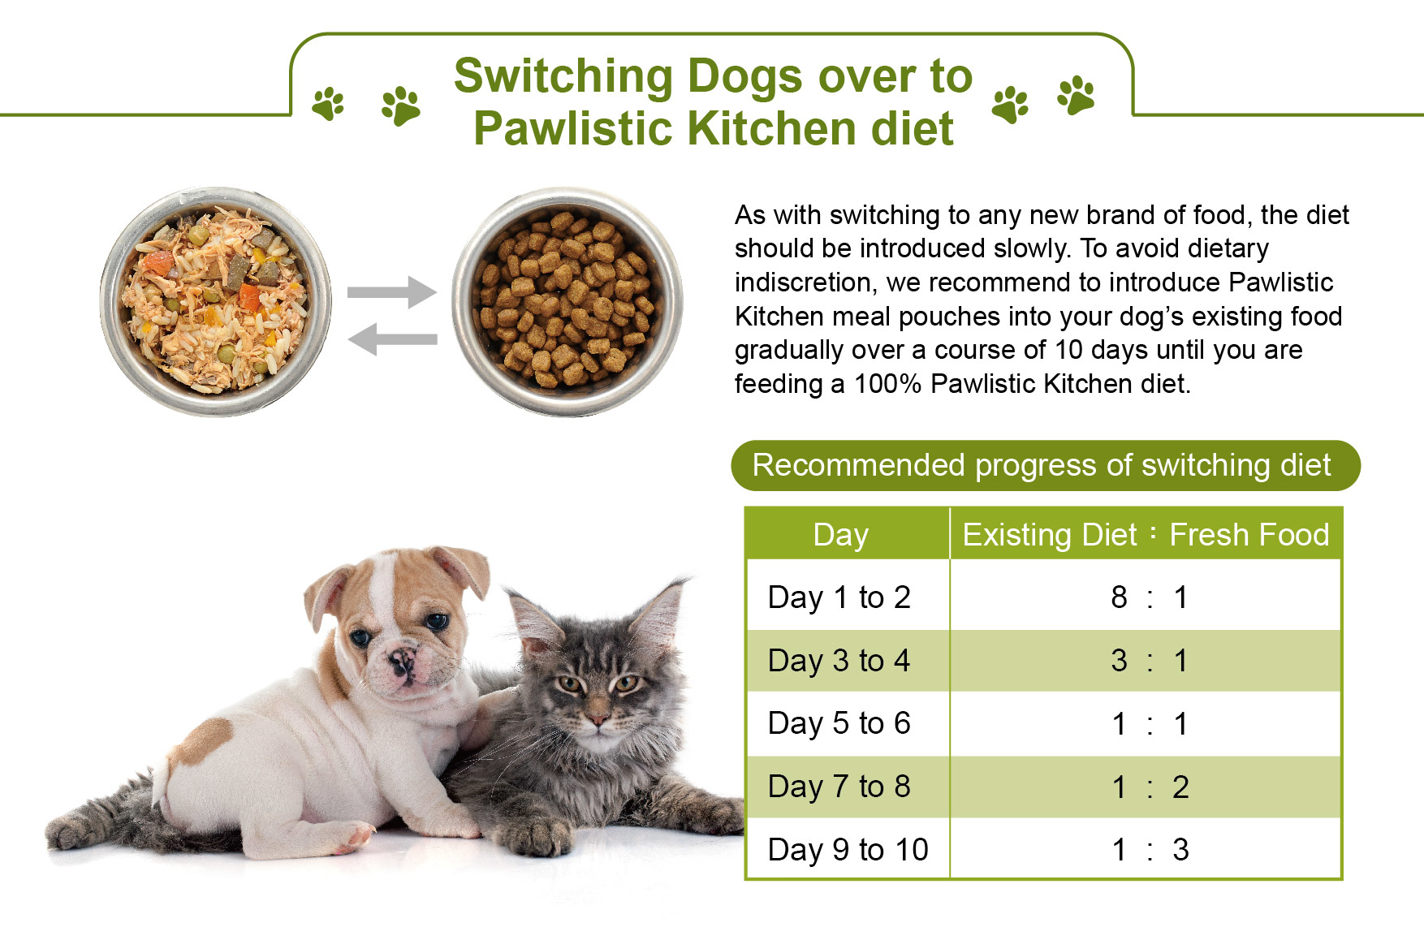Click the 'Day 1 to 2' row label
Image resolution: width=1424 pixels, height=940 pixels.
(x=839, y=597)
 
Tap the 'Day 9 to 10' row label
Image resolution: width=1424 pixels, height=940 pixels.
(x=848, y=850)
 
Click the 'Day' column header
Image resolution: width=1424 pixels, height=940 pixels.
(x=841, y=536)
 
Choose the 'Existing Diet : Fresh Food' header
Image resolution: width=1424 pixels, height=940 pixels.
(x=1146, y=535)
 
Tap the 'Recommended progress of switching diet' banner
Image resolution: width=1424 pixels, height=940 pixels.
(x=1046, y=466)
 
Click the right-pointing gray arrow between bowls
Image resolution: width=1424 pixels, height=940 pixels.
(x=392, y=292)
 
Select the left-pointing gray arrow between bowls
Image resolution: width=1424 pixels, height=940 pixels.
(x=392, y=338)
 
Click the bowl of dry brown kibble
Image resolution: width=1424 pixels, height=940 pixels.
(x=567, y=302)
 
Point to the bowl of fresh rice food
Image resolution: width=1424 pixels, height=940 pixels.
(x=215, y=302)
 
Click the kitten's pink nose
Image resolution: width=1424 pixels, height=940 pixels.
(x=598, y=718)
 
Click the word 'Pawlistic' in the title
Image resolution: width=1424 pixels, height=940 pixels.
(x=574, y=128)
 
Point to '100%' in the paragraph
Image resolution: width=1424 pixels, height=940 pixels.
(x=887, y=384)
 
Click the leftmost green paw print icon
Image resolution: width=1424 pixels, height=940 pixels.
(x=329, y=104)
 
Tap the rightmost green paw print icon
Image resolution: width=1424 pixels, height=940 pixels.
(x=1076, y=95)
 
